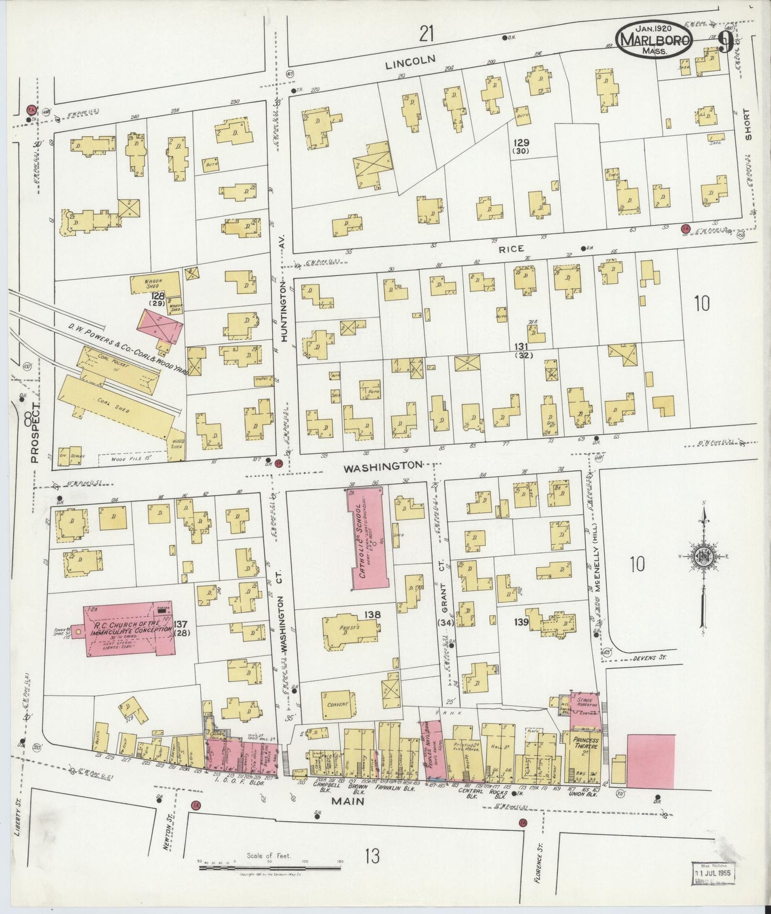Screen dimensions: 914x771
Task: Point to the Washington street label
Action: [383, 467]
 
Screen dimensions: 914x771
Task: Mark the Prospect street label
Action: [35, 432]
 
